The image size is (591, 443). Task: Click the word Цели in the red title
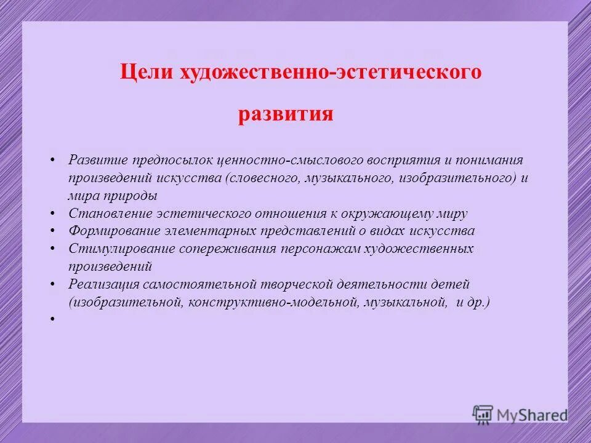click(146, 73)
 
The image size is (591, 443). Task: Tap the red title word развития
click(286, 114)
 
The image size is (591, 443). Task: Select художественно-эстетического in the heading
click(331, 73)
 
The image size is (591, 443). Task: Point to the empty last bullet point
click(54, 320)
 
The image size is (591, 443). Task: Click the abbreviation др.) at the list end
click(479, 302)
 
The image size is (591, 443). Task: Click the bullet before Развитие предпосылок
click(54, 160)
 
